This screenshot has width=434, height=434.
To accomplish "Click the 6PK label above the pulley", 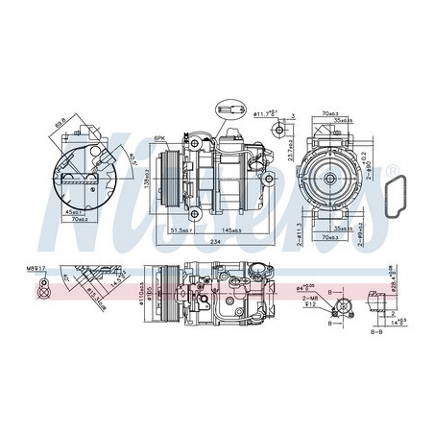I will point(161,138).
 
